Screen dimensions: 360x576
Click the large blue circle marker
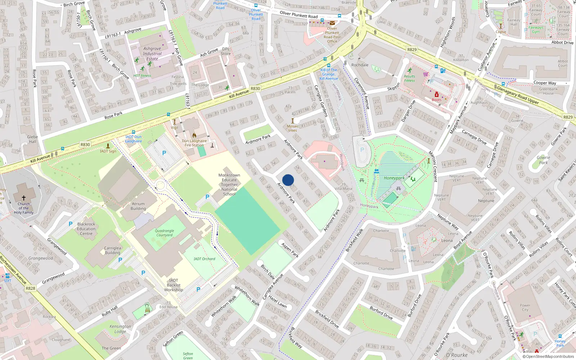pos(288,180)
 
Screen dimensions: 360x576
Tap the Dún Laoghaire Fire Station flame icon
pos(194,135)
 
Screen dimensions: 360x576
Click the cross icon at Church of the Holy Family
pos(24,198)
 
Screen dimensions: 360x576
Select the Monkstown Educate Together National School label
pos(229,185)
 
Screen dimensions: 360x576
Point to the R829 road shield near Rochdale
pos(412,50)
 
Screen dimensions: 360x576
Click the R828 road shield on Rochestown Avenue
pos(31,288)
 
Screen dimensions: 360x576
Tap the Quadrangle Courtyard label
pos(165,233)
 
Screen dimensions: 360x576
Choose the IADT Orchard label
pos(204,259)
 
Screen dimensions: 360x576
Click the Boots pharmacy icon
pos(437,95)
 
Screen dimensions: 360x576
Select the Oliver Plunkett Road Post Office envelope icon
pos(332,23)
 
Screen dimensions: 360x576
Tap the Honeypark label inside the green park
pos(394,178)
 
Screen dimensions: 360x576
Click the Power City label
pos(525,307)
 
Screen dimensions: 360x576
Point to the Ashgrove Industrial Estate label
pos(152,54)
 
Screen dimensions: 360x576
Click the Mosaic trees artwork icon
pos(293,121)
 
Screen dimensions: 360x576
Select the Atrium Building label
pos(138,206)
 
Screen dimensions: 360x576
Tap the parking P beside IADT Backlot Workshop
pos(198,289)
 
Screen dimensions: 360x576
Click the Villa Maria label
pos(343,189)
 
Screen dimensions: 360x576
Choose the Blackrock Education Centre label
pos(86,229)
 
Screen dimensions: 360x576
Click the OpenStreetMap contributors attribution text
pos(548,357)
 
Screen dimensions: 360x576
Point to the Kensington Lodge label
pos(120,329)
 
